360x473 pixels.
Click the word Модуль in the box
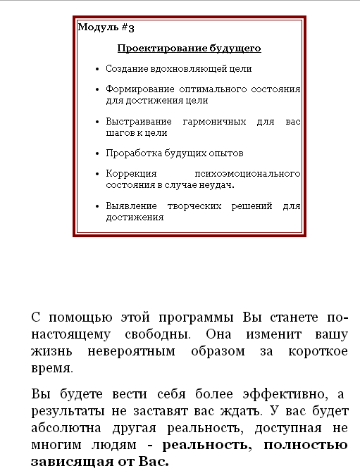coord(97,27)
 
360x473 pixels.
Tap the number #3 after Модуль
coord(128,27)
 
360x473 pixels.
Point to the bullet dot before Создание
coord(97,69)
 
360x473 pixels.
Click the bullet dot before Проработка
coord(97,153)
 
